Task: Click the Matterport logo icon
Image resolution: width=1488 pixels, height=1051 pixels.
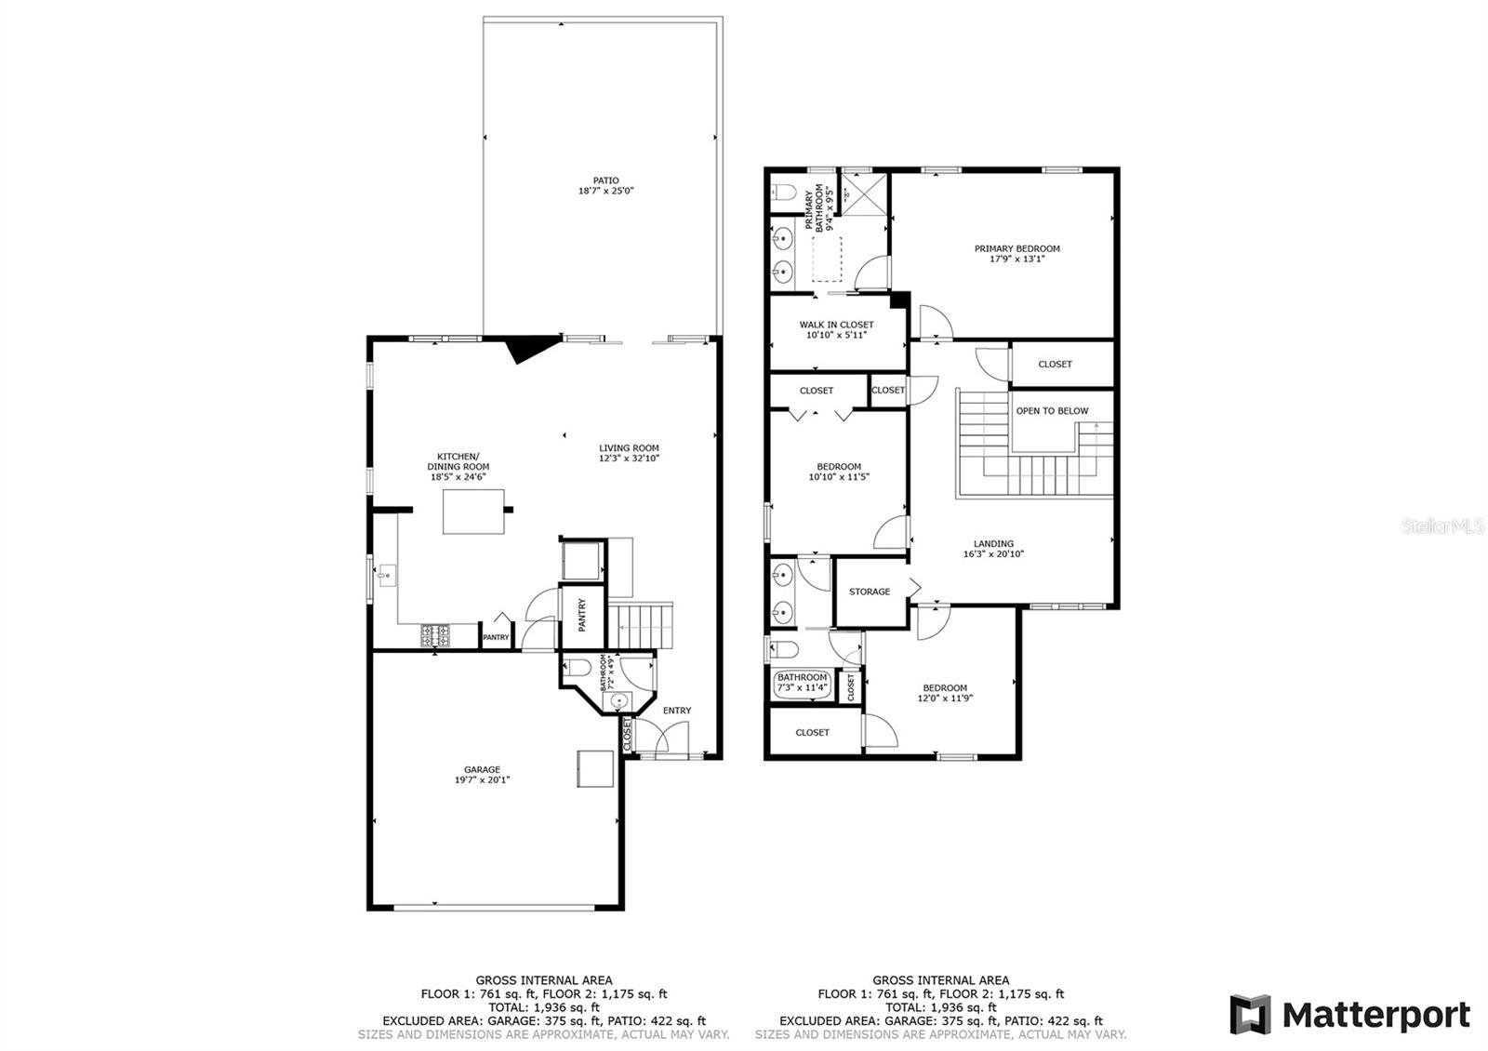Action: click(x=1250, y=1014)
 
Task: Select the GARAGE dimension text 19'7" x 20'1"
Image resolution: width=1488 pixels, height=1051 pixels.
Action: click(x=483, y=780)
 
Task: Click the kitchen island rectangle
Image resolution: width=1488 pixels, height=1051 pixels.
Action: click(x=473, y=512)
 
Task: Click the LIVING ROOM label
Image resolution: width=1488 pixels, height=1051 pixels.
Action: click(x=629, y=448)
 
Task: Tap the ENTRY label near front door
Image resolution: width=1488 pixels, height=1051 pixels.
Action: click(x=677, y=711)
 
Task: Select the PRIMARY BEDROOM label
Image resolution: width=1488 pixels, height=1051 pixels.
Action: click(x=1016, y=248)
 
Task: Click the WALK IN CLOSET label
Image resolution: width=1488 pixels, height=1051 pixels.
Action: click(x=836, y=325)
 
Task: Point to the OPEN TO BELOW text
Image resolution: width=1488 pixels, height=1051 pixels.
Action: click(x=1052, y=410)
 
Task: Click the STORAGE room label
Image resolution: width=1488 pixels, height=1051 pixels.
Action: click(x=870, y=592)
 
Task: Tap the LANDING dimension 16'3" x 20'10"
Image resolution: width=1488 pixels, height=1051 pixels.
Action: click(x=993, y=554)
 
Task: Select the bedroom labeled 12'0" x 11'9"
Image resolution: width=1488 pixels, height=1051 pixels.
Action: click(x=945, y=693)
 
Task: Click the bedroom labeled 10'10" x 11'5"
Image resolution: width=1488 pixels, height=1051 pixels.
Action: click(x=839, y=472)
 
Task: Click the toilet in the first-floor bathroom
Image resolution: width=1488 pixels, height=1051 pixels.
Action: click(x=577, y=667)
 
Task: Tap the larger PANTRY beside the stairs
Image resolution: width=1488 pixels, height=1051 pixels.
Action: click(x=582, y=615)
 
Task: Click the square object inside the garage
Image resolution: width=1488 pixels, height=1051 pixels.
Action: click(x=595, y=768)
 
